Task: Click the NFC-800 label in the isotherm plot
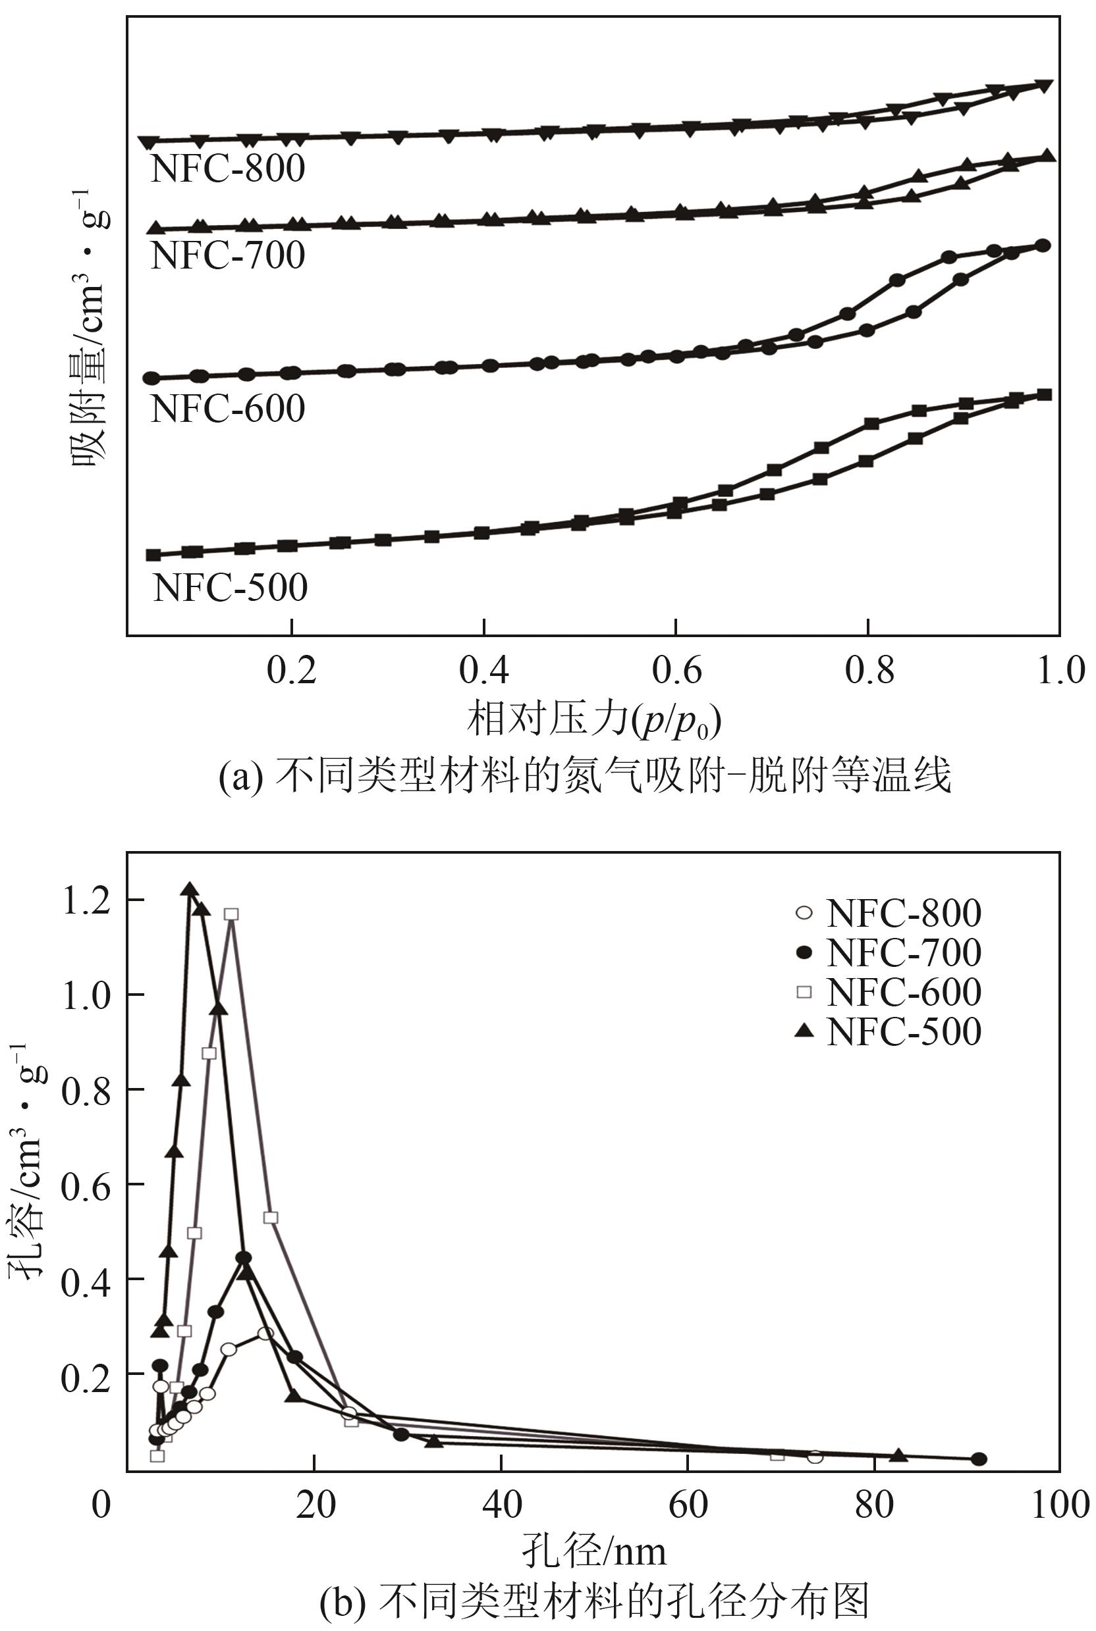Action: (x=228, y=168)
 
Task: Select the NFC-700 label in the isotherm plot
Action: (x=228, y=255)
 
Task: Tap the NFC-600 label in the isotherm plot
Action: (x=228, y=409)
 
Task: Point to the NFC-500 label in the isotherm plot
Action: (x=230, y=588)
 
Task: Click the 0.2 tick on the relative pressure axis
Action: (x=292, y=670)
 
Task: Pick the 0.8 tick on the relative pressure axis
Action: (x=869, y=670)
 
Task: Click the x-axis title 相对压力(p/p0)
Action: (x=594, y=720)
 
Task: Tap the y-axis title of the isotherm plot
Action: (x=92, y=328)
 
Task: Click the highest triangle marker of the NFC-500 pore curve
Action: (x=190, y=889)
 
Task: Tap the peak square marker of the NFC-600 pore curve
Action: (x=231, y=914)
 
